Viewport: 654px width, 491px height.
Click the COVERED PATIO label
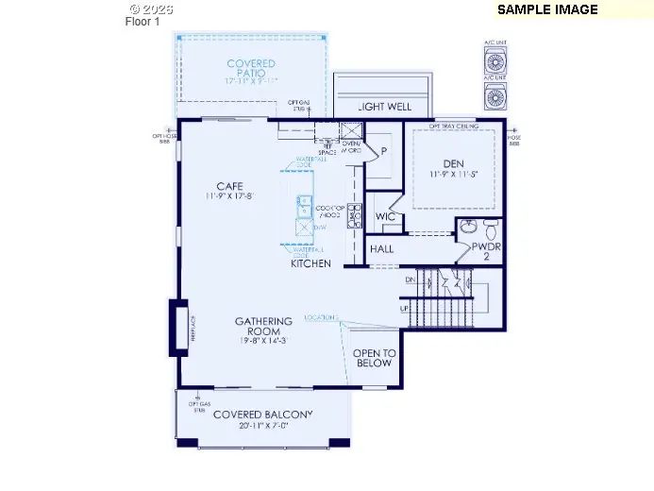coord(250,70)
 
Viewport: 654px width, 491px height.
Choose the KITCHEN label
coord(310,263)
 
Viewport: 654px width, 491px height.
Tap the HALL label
coord(382,249)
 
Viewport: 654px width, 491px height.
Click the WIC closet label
coord(383,216)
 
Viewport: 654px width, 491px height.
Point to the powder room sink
coord(468,229)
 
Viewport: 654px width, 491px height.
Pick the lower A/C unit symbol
coord(494,96)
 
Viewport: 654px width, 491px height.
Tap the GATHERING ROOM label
coord(263,327)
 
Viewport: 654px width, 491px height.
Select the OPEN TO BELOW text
coord(373,358)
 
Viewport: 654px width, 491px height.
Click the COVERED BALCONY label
coord(262,415)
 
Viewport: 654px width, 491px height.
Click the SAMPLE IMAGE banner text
coord(547,9)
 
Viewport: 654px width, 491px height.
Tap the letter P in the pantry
coord(384,150)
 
